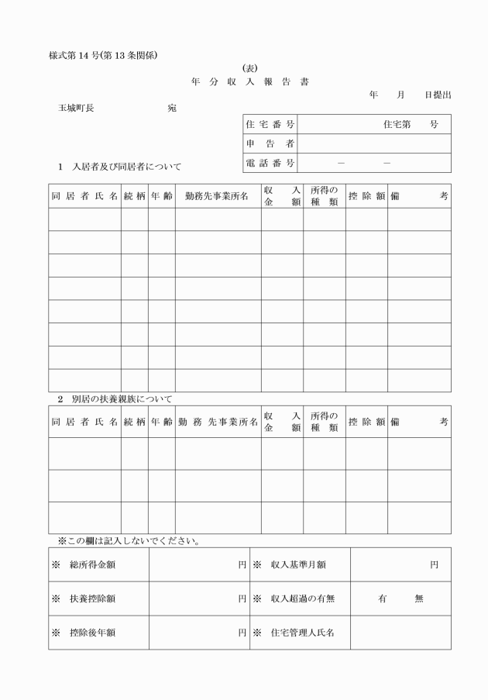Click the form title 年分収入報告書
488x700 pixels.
[x=249, y=81]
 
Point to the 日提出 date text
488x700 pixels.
[x=438, y=95]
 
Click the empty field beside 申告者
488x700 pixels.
[x=374, y=143]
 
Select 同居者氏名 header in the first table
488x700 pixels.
[x=84, y=196]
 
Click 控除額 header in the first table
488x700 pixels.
[x=366, y=196]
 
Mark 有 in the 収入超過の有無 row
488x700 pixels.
[x=382, y=598]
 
